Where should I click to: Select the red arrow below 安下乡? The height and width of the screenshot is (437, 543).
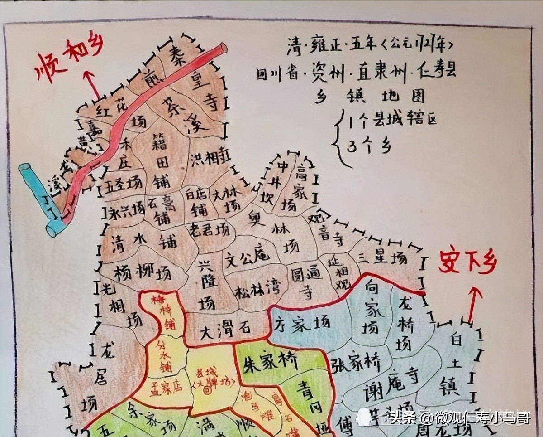pyautogui.click(x=472, y=304)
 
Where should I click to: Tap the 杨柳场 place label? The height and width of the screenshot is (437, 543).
pyautogui.click(x=143, y=273)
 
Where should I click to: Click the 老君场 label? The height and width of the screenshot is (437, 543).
pyautogui.click(x=209, y=227)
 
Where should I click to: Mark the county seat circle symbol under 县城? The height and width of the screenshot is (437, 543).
pyautogui.click(x=208, y=389)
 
